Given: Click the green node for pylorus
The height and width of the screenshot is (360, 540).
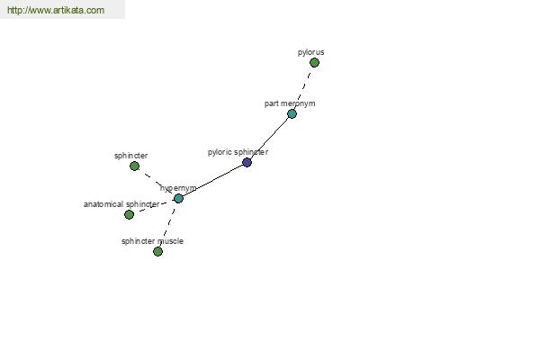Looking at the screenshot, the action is click(x=314, y=63).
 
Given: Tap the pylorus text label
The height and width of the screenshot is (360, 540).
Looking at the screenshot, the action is click(x=310, y=52).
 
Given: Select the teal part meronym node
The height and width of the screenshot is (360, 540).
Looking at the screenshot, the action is click(x=292, y=113).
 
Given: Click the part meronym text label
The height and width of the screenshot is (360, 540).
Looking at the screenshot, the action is click(x=290, y=103).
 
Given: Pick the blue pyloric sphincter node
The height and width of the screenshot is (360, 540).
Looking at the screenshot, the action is click(x=247, y=162).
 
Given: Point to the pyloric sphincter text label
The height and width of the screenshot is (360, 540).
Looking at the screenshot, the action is click(x=238, y=152).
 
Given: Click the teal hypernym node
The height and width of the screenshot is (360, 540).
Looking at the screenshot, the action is click(x=178, y=198).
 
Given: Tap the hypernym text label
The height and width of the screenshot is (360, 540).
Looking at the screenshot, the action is click(x=178, y=188).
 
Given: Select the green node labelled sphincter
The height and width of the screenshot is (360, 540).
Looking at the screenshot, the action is click(x=134, y=166).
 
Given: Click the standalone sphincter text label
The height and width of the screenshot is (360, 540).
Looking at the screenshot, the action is click(x=130, y=156).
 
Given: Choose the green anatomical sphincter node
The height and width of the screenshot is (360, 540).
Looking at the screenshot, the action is click(x=129, y=214).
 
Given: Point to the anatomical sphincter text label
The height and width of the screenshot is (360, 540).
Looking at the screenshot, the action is click(x=121, y=204).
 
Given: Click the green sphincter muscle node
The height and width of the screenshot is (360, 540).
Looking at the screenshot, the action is click(x=157, y=251).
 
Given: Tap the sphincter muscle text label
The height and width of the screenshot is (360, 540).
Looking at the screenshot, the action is click(x=152, y=241).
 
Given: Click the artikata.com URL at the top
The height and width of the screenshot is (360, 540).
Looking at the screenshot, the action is click(x=56, y=10).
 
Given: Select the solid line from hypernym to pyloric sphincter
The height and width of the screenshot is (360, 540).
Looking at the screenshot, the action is click(x=212, y=181).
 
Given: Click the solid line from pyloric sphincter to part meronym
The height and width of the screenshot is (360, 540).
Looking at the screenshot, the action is click(x=269, y=138).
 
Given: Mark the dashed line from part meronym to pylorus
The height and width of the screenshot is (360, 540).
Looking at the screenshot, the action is click(x=303, y=88).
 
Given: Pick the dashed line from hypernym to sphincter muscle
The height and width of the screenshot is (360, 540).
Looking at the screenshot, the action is click(x=168, y=225).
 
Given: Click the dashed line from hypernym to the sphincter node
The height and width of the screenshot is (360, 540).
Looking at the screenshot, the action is click(x=157, y=182).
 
